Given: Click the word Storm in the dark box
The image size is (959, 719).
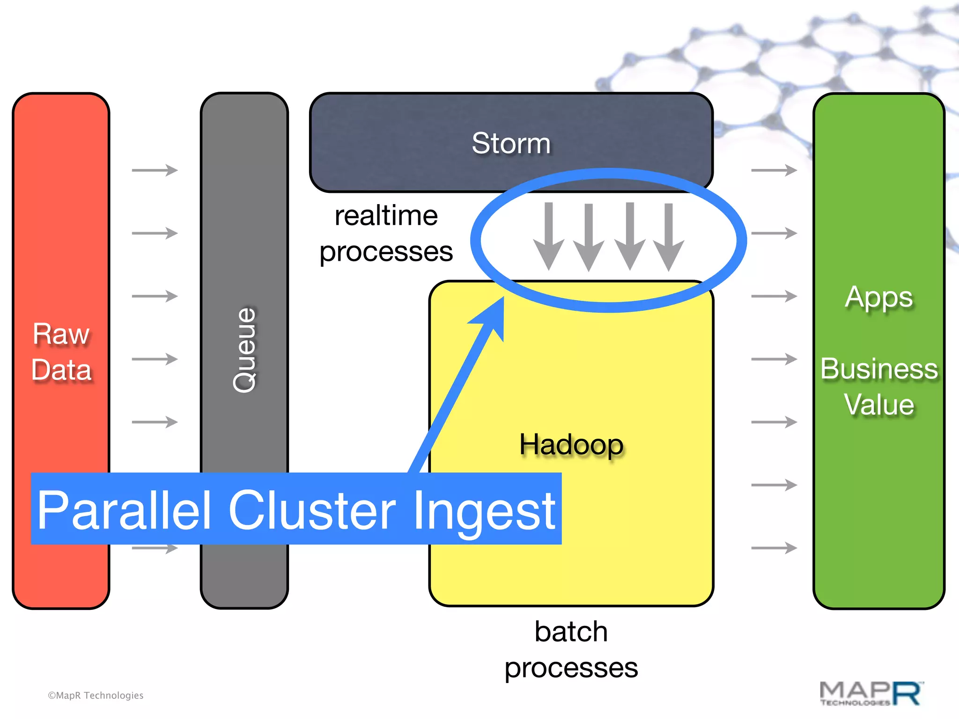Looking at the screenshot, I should coord(511,143).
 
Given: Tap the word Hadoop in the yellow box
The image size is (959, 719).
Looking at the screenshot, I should coord(571,444).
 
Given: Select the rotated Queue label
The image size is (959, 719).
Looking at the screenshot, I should coord(244,350).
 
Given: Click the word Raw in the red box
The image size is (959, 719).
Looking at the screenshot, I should coord(61,334).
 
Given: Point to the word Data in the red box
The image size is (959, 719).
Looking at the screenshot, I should coord(61,370).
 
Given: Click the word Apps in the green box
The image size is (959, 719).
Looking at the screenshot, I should coord(879,297).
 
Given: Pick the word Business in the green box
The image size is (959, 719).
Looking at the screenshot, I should coord(879,369).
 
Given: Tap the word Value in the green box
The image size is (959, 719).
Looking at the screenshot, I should coord(879,404).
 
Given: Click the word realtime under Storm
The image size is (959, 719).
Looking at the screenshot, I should coord(386,216).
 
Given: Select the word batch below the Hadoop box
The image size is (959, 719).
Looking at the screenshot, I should coord(571,631).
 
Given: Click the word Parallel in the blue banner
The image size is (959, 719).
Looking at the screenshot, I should coord(124,510).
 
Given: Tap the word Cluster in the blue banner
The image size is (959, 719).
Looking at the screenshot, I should coord(312,510).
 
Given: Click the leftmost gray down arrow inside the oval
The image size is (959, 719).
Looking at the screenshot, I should coord(549,236).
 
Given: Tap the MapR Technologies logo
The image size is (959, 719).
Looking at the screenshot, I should coord(871,694).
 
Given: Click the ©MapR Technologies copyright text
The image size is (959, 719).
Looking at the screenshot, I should coord(96,696).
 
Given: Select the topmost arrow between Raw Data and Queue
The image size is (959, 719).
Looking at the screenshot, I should coord(155,170).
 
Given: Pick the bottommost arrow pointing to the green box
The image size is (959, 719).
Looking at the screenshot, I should coord(774,548).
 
